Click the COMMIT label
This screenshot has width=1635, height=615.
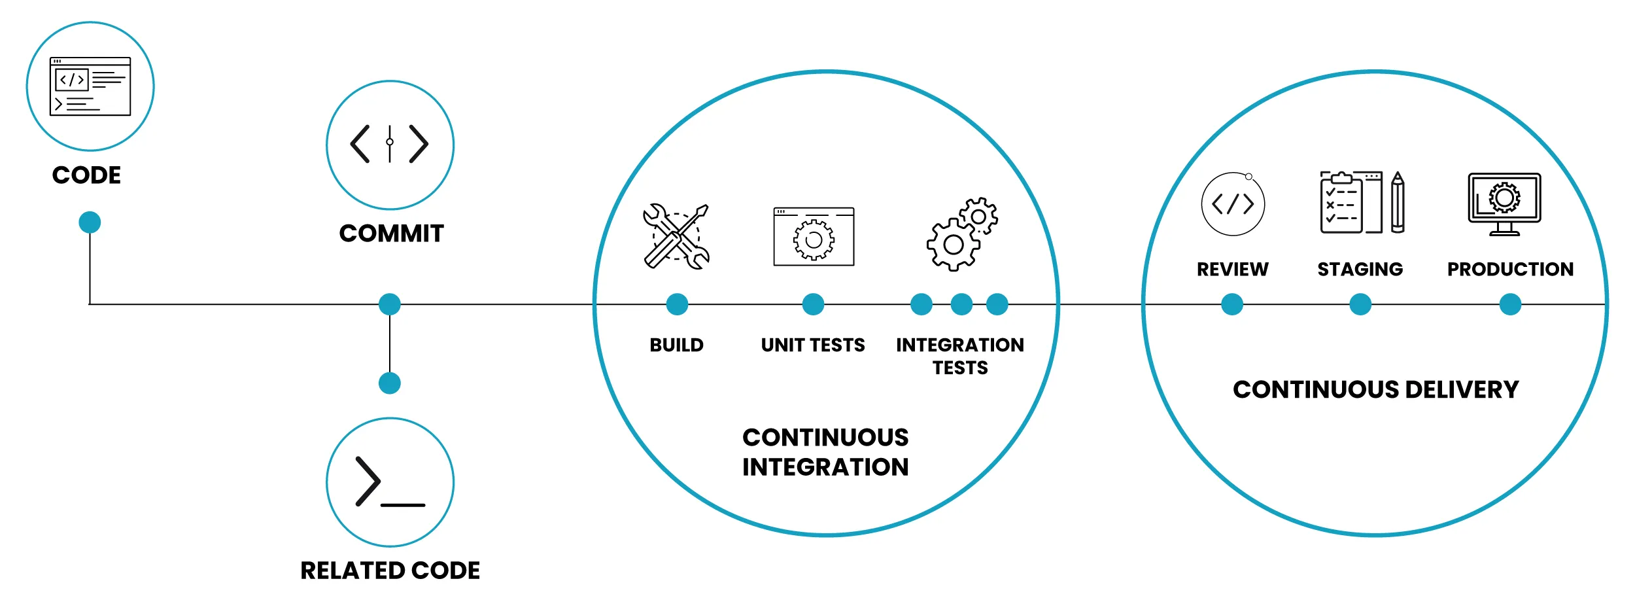pos(391,234)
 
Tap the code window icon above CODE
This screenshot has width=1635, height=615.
pos(90,86)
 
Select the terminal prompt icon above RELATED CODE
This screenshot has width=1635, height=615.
pos(390,482)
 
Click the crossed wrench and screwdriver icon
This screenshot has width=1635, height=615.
pos(676,237)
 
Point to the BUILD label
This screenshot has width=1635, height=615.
pos(676,345)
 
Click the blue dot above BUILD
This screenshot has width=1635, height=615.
pos(677,304)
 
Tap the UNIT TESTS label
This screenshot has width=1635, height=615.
pos(813,345)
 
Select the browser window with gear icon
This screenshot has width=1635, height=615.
pos(814,237)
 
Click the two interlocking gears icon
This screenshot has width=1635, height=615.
pos(961,234)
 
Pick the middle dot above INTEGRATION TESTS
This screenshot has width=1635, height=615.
pos(961,304)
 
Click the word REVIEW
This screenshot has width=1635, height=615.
pos(1232,269)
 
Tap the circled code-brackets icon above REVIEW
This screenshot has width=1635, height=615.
pos(1233,204)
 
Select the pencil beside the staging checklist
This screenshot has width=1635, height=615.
pos(1398,203)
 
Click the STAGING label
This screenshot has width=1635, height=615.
pos(1360,269)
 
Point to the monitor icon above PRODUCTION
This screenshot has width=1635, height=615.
pos(1504,204)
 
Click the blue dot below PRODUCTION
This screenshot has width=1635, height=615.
pos(1510,304)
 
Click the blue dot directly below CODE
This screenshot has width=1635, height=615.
pos(90,222)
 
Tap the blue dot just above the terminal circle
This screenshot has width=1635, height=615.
pos(390,383)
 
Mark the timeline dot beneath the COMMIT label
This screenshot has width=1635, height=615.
pos(390,304)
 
